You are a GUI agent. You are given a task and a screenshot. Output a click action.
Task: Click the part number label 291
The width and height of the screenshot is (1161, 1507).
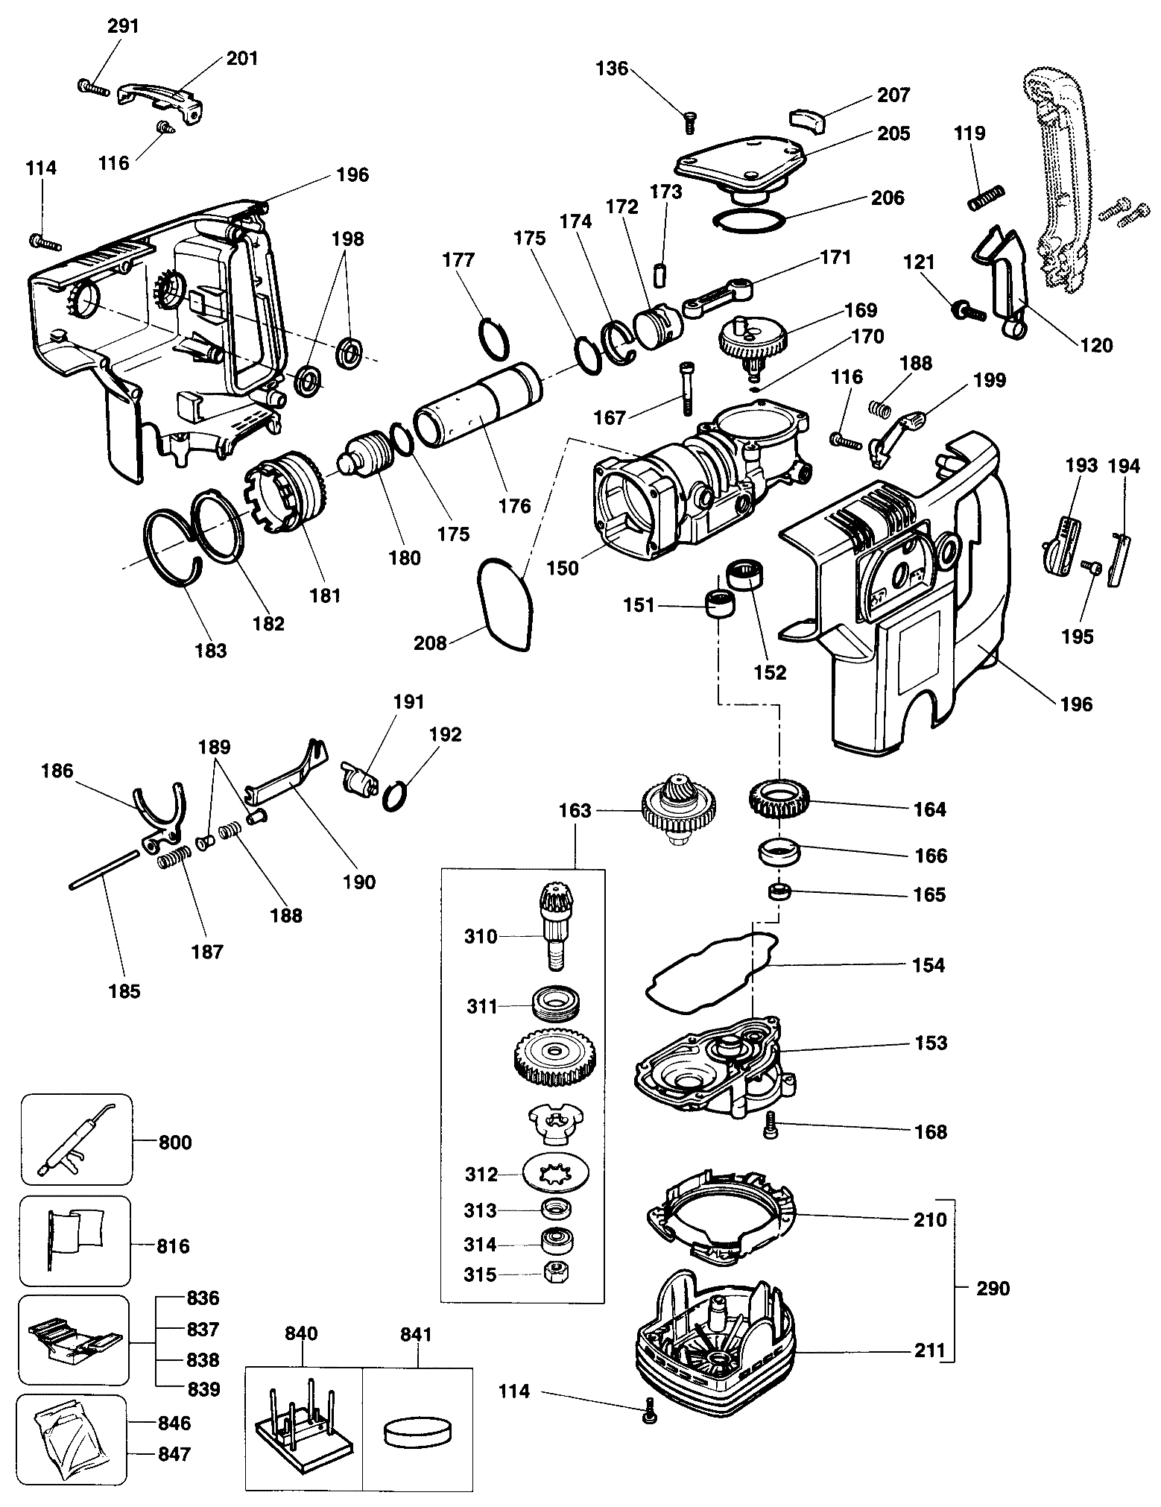(x=123, y=26)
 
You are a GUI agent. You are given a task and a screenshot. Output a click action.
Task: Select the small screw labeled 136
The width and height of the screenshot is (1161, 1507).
(x=689, y=122)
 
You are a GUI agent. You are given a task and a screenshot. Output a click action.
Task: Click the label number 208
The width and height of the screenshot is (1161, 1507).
(x=430, y=642)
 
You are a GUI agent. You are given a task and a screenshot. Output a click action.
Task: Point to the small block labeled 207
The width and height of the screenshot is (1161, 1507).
(x=807, y=117)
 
